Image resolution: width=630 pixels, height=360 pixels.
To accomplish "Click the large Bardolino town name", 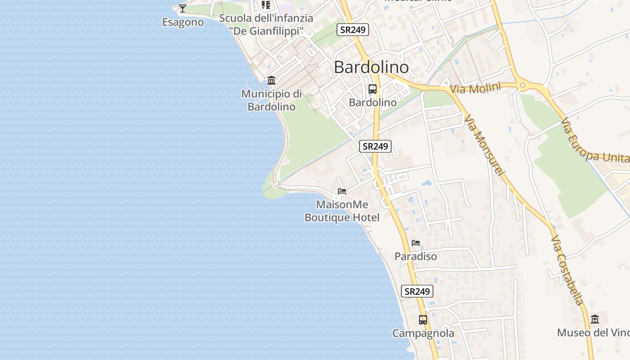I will coord(371,67).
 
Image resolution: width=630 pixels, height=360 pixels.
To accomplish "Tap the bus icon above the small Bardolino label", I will coord(373,89).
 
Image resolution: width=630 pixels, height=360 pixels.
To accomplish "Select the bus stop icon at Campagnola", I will coord(423,320).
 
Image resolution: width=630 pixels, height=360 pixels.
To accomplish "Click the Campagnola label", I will coord(423,333).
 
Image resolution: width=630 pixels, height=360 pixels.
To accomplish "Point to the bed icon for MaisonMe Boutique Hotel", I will coord(342,191).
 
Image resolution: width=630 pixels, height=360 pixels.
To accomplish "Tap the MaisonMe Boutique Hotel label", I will coord(342,211).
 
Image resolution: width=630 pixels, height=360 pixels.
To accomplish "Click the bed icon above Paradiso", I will coord(416,243).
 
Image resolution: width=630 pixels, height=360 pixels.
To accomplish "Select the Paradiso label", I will coord(416,256).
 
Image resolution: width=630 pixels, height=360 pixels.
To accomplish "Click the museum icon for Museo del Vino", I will coord(595,319).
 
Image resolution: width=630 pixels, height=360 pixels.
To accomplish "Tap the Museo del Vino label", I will coord(593,333).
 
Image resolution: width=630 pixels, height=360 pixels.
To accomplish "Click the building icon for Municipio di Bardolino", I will coord(271,81).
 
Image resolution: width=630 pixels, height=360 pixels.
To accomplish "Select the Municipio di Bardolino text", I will coord(271,100).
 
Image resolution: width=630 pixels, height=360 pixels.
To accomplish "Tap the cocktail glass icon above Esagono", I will coord(182,8).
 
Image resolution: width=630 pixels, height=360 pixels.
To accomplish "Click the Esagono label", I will coord(183,22).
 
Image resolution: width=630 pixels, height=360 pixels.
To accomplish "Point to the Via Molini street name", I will coord(475,88).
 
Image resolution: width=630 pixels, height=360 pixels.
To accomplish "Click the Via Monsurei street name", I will coord(485,145).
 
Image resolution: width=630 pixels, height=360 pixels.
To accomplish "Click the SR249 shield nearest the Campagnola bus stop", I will coord(417,291).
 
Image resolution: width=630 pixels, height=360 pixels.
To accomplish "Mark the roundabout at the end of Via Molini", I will coord(522,85).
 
